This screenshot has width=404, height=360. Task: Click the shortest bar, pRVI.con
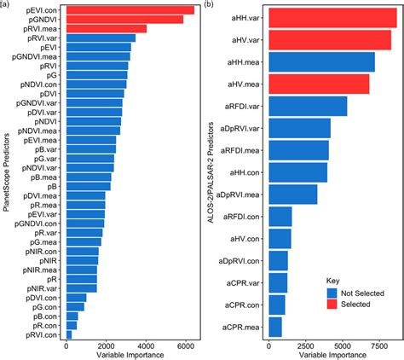[69, 334]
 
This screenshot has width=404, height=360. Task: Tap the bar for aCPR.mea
[275, 327]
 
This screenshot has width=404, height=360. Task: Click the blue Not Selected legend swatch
[333, 293]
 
